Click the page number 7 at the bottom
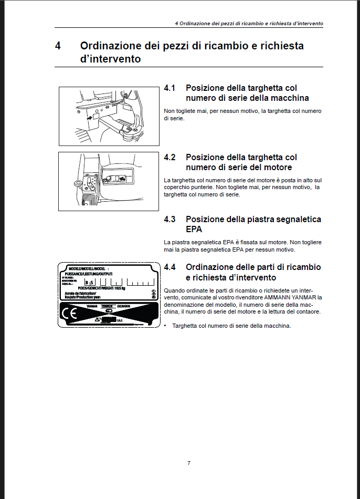click(x=189, y=463)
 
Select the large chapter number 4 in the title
click(x=58, y=46)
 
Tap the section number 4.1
click(x=170, y=88)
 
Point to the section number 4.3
click(x=170, y=219)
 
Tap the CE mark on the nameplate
click(x=70, y=314)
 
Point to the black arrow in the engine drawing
click(x=123, y=179)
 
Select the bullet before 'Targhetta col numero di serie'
click(x=165, y=326)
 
